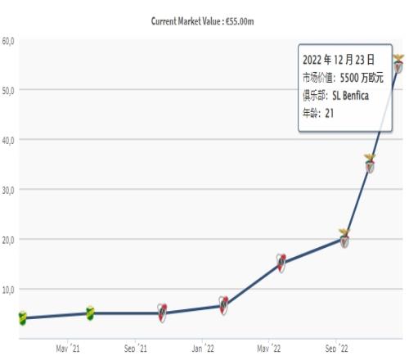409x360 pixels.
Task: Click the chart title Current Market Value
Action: click(186, 21)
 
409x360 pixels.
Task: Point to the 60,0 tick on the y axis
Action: click(8, 41)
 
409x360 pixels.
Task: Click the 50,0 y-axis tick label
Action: click(8, 91)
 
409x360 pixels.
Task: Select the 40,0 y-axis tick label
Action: click(8, 141)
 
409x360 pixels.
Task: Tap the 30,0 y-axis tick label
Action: click(8, 191)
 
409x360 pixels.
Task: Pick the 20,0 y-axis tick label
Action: click(8, 241)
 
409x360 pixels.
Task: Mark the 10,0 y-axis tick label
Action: click(8, 290)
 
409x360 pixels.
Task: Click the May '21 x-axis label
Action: click(68, 349)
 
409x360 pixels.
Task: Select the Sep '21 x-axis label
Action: click(135, 349)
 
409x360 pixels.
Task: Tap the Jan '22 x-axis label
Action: click(203, 349)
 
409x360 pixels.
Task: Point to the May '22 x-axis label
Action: click(268, 349)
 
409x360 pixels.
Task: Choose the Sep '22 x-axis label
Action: click(336, 349)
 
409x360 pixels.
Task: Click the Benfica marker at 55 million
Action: click(398, 64)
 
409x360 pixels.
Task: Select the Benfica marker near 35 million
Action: click(370, 164)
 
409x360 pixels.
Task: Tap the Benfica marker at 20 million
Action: click(344, 238)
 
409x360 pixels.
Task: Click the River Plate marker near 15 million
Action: click(281, 263)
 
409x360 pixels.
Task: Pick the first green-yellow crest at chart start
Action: click(23, 318)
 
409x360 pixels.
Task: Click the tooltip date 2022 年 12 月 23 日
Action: click(339, 60)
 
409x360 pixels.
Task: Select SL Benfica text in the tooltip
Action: click(350, 96)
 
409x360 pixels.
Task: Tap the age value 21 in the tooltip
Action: click(330, 113)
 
